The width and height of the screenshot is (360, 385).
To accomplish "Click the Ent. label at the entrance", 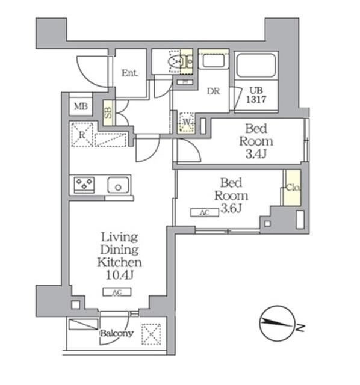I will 129,73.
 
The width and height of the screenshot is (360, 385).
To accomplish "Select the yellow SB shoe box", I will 108,112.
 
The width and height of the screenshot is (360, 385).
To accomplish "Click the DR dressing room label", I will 213,91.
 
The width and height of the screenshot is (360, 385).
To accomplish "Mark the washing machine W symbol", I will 187,123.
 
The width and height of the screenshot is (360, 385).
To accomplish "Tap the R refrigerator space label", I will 82,134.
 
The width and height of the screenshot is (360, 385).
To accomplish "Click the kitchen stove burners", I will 84,185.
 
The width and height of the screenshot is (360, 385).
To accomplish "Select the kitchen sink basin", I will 119,185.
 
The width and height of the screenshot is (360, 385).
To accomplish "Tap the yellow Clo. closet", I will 293,188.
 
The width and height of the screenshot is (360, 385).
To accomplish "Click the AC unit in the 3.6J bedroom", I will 200,212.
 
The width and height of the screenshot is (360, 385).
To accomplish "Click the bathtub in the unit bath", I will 256,65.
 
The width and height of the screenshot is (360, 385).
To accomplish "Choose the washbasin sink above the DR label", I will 212,61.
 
